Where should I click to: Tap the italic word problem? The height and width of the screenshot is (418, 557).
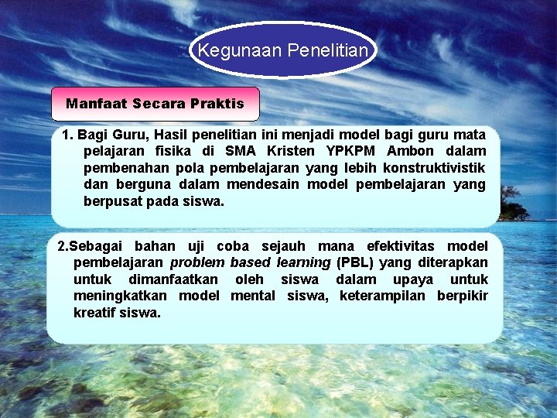click(x=197, y=262)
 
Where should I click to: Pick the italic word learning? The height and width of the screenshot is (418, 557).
click(x=303, y=262)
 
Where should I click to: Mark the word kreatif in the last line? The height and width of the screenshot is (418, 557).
click(x=94, y=313)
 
